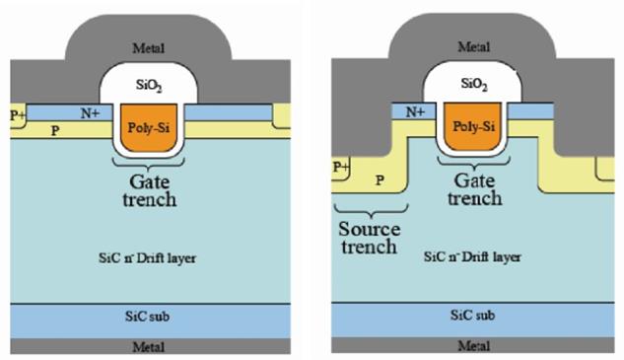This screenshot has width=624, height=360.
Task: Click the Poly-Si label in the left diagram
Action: pos(149,128)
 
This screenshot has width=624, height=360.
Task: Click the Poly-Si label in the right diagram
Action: pos(473,126)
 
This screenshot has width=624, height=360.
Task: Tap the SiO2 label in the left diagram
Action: pos(149,85)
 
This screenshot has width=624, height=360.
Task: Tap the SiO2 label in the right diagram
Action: pos(474,84)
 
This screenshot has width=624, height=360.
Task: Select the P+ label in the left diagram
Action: pos(18,115)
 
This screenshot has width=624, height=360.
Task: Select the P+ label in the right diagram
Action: pos(341,167)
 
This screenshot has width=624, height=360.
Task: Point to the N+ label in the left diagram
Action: pos(91,113)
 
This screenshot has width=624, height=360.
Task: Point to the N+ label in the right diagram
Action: pos(415,112)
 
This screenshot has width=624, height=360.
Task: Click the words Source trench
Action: pos(370,238)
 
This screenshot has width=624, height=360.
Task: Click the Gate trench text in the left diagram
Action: pos(149,190)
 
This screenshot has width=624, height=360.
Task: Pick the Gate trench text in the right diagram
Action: pos(475,189)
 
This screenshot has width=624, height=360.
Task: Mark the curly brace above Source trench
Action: pos(371,211)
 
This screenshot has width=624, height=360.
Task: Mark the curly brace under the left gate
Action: pos(149,164)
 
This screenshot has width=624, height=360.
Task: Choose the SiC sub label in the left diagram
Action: pos(147,317)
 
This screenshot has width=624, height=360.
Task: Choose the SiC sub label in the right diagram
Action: pos(473,316)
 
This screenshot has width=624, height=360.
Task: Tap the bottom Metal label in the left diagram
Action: pos(148,347)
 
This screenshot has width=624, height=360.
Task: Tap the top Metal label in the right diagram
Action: pos(473,47)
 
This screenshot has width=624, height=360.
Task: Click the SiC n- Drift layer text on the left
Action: pos(147,258)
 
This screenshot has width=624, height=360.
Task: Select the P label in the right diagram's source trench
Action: pos(381,180)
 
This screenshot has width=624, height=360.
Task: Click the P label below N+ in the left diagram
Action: pos(55,130)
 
